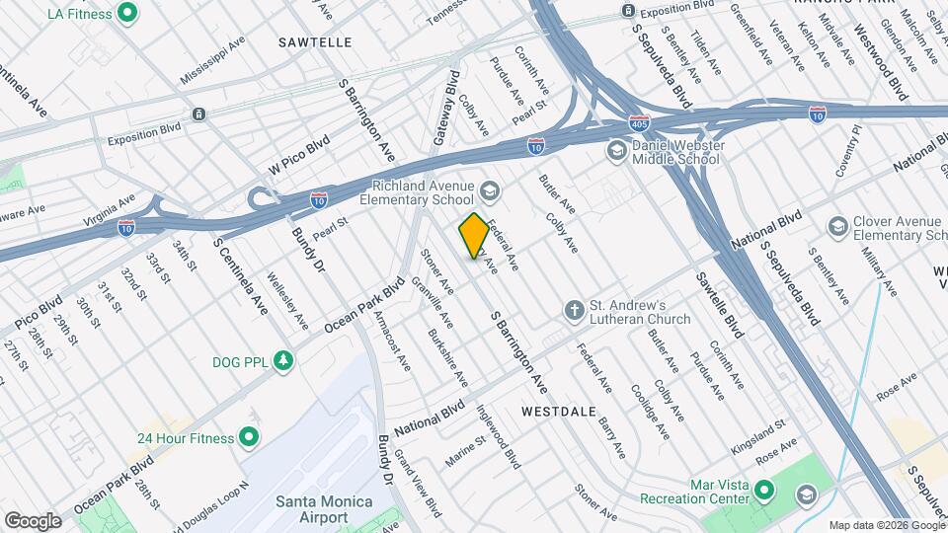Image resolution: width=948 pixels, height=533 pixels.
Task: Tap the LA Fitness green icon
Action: click(x=126, y=14)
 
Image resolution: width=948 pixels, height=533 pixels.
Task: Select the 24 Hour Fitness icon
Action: click(x=248, y=437)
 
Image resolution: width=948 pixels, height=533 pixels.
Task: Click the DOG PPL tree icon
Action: click(x=284, y=360)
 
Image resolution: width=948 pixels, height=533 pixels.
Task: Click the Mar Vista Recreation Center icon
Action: click(x=763, y=490)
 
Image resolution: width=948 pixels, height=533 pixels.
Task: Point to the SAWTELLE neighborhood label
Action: click(x=315, y=42)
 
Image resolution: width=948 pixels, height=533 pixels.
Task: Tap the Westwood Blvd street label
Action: click(x=895, y=73)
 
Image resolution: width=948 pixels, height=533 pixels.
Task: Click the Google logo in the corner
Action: click(x=34, y=520)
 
